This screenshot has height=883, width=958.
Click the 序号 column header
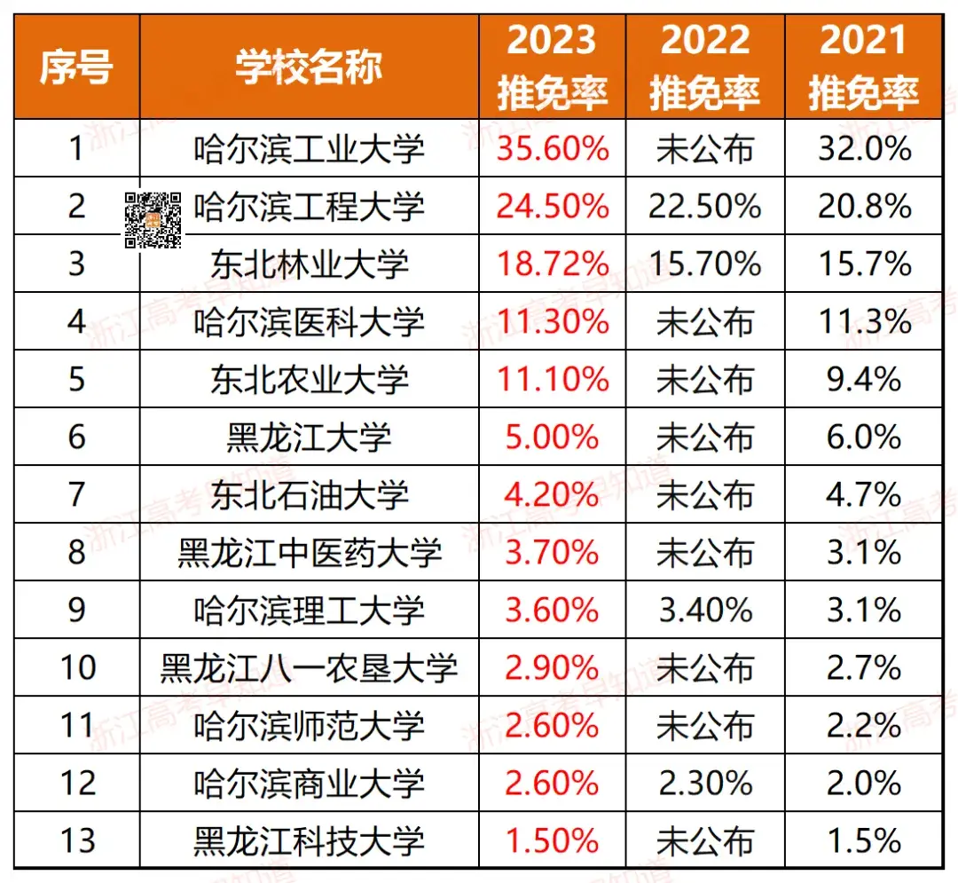click(x=76, y=67)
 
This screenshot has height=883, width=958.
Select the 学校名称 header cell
click(x=309, y=67)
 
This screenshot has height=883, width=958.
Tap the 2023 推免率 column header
click(x=552, y=67)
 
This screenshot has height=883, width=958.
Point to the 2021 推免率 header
click(x=863, y=67)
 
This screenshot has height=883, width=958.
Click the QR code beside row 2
click(x=153, y=219)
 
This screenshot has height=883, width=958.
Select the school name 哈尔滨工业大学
click(x=309, y=149)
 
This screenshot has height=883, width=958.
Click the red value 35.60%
click(x=552, y=149)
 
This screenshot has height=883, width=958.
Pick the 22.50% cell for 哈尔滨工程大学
click(x=704, y=207)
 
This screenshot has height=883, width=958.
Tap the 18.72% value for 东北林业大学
click(x=552, y=264)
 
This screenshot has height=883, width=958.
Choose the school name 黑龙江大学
click(x=309, y=438)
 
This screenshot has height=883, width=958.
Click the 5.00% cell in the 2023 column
click(x=552, y=438)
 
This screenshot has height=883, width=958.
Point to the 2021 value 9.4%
click(x=863, y=380)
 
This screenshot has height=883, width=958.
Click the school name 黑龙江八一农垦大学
click(x=309, y=667)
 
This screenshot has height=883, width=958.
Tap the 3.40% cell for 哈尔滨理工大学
click(x=704, y=611)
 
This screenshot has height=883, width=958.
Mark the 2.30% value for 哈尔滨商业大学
click(x=704, y=783)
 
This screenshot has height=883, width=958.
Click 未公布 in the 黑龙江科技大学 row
click(x=704, y=840)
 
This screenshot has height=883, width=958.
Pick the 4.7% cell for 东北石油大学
click(x=863, y=495)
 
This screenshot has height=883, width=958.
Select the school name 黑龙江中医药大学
click(x=309, y=553)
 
